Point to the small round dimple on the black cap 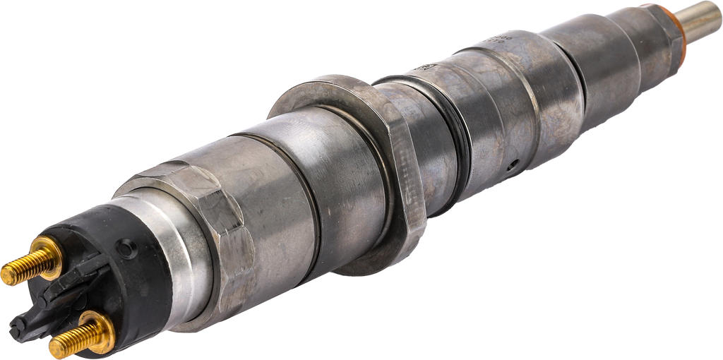[126, 248]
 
